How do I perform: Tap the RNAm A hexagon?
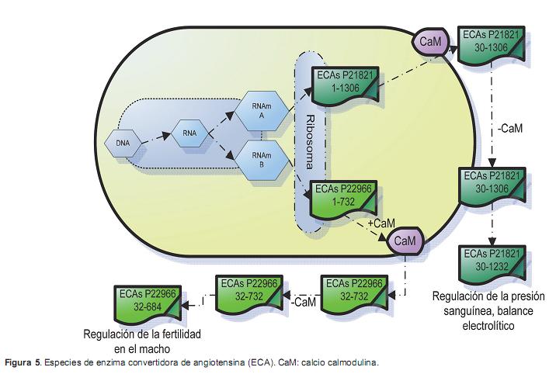(x=261, y=109)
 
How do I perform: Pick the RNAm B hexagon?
(x=261, y=160)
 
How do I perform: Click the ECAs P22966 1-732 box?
(x=343, y=197)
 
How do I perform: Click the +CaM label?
(x=381, y=223)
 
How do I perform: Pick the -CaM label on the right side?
(x=513, y=128)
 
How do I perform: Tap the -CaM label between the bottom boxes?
(x=303, y=300)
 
